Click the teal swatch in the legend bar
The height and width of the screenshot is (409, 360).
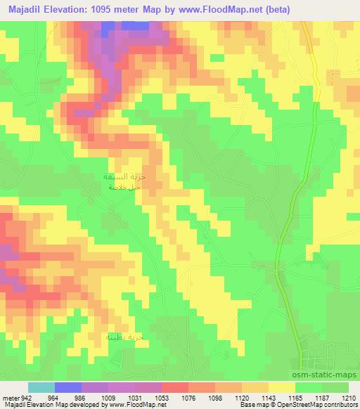coord(41,387)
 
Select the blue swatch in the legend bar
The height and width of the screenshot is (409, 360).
coord(68,387)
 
